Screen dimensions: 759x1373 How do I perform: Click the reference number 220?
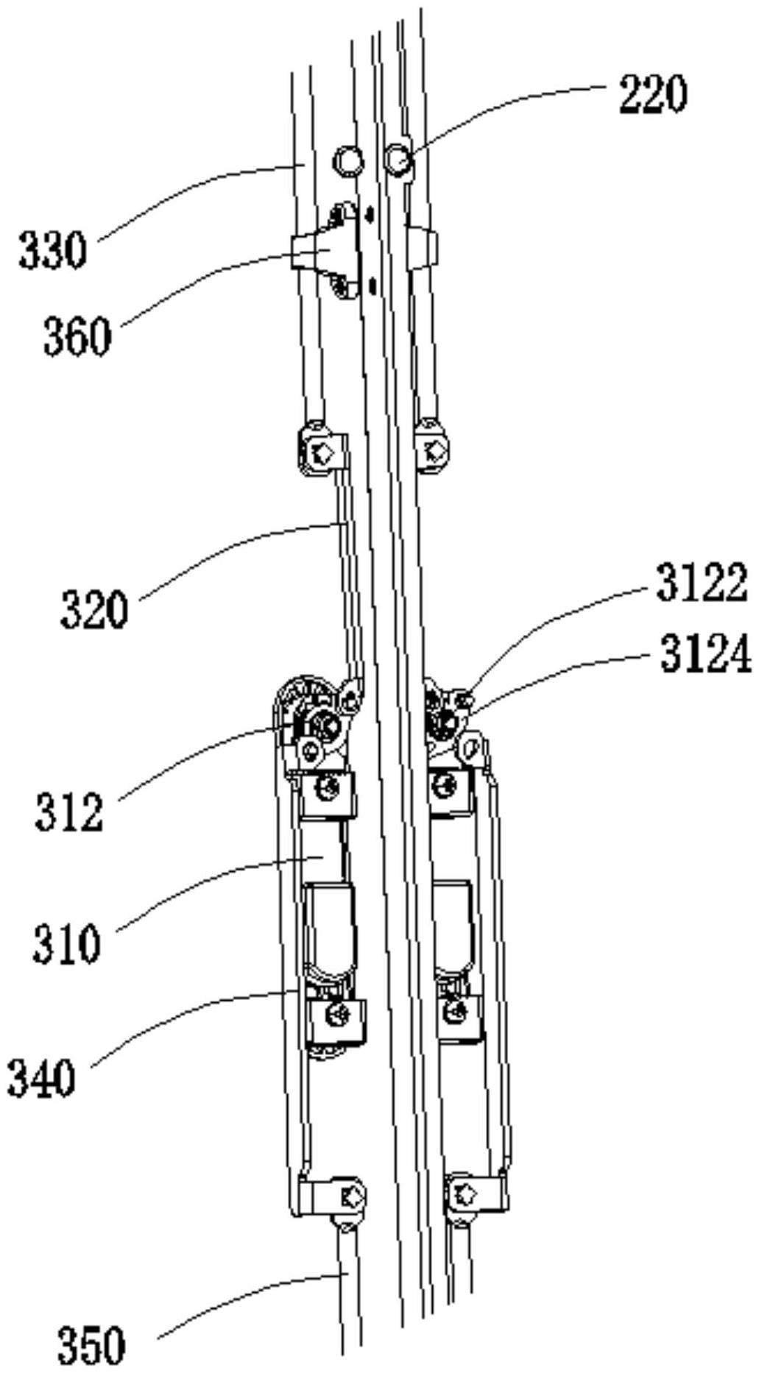click(x=652, y=95)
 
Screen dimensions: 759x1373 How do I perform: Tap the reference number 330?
click(x=52, y=250)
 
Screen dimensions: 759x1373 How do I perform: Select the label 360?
click(x=77, y=338)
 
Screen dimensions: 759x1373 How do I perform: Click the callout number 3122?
click(x=702, y=584)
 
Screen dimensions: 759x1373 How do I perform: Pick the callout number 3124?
click(x=705, y=654)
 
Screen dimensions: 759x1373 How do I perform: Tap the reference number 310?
click(x=66, y=944)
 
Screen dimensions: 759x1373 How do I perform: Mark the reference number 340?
click(x=41, y=1079)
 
